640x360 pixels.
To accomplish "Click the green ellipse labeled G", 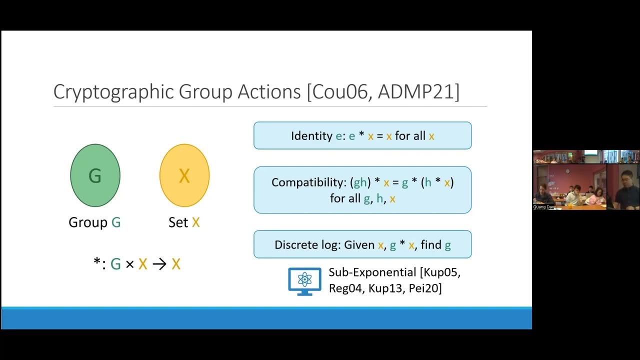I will pos(95,175).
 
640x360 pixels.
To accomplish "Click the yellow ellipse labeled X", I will pos(184,175).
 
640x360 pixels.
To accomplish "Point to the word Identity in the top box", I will pos(311,136).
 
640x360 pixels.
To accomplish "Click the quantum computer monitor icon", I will pos(304,281).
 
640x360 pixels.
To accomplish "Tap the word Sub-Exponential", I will pos(372,272).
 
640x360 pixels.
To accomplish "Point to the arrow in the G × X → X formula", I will pos(159,264).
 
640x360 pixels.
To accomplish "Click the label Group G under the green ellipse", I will pos(94,222).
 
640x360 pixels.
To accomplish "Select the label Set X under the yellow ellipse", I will pos(184,222).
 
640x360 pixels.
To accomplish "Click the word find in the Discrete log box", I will pos(431,245).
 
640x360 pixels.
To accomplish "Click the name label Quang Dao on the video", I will pos(543,206).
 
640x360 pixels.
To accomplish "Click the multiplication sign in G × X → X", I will pos(129,264).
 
